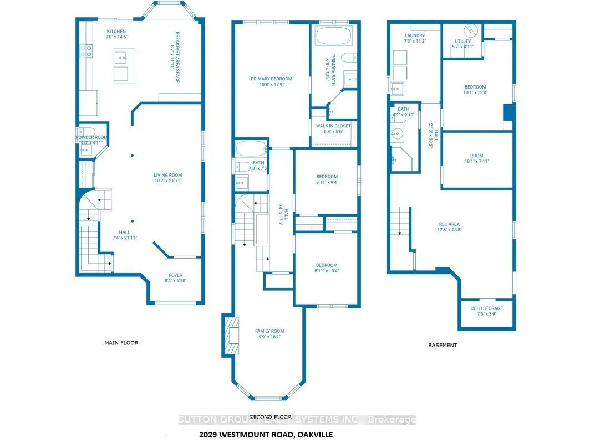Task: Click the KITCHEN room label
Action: [116, 32]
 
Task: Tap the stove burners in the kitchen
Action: [88, 51]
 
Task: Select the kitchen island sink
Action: [121, 56]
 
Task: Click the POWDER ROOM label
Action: [92, 137]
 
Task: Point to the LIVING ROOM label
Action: [168, 176]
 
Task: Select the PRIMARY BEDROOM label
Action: [271, 79]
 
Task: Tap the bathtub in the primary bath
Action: [333, 38]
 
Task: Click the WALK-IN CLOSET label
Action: [333, 126]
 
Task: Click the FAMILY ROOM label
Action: [269, 331]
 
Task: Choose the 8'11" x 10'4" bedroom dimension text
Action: [327, 271]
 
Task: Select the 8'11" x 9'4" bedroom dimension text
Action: [327, 182]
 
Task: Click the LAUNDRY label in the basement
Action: [414, 35]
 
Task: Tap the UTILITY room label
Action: [462, 41]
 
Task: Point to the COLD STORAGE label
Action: [486, 308]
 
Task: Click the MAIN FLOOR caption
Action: [121, 343]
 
